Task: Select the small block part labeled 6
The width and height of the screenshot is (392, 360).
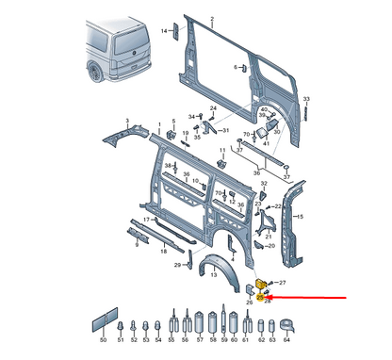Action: pos(244,69)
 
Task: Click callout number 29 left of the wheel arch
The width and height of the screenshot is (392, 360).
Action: pos(176,267)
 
